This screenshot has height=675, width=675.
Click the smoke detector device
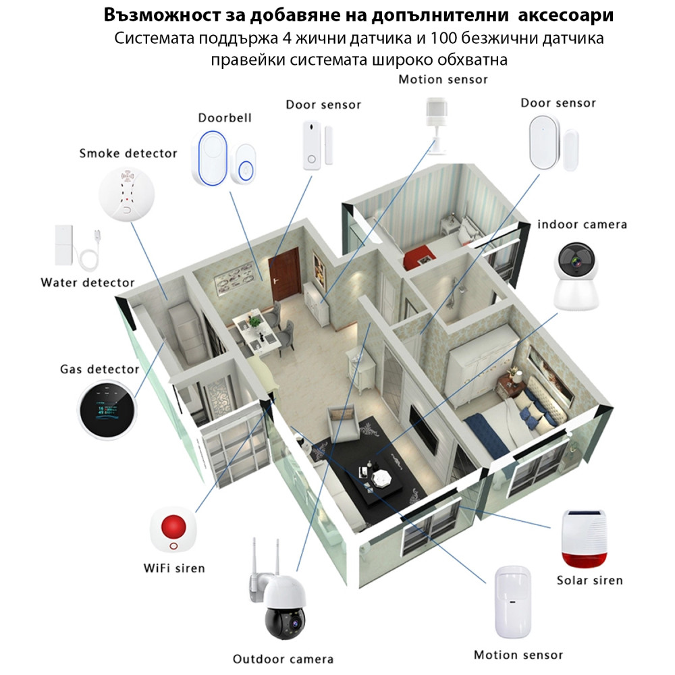pos(126,195)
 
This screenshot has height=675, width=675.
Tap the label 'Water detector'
pos(87,282)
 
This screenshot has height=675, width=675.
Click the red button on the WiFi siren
pos(175,523)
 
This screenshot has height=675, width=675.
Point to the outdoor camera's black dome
pos(283,620)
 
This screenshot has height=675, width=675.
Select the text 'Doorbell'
pos(225,117)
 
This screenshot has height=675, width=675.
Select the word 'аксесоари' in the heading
pos(571,14)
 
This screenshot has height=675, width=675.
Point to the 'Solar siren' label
pos(589,580)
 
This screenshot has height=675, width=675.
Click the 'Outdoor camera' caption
pos(283,659)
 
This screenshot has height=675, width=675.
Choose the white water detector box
pos(65,246)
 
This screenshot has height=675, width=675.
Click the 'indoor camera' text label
pos(582,224)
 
